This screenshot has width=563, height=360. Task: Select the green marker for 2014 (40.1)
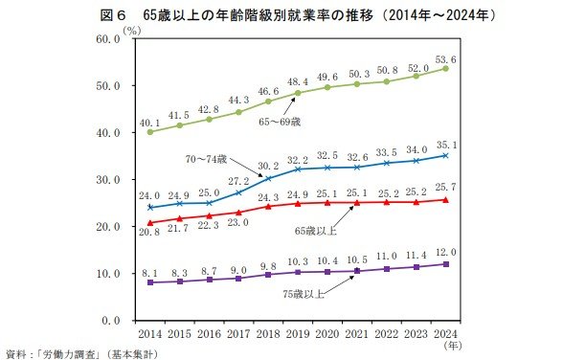pyautogui.click(x=150, y=132)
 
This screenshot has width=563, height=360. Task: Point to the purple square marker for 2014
pyautogui.click(x=150, y=282)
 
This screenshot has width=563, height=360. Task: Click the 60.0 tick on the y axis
pyautogui.click(x=103, y=39)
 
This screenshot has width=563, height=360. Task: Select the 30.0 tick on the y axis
pyautogui.click(x=103, y=180)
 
